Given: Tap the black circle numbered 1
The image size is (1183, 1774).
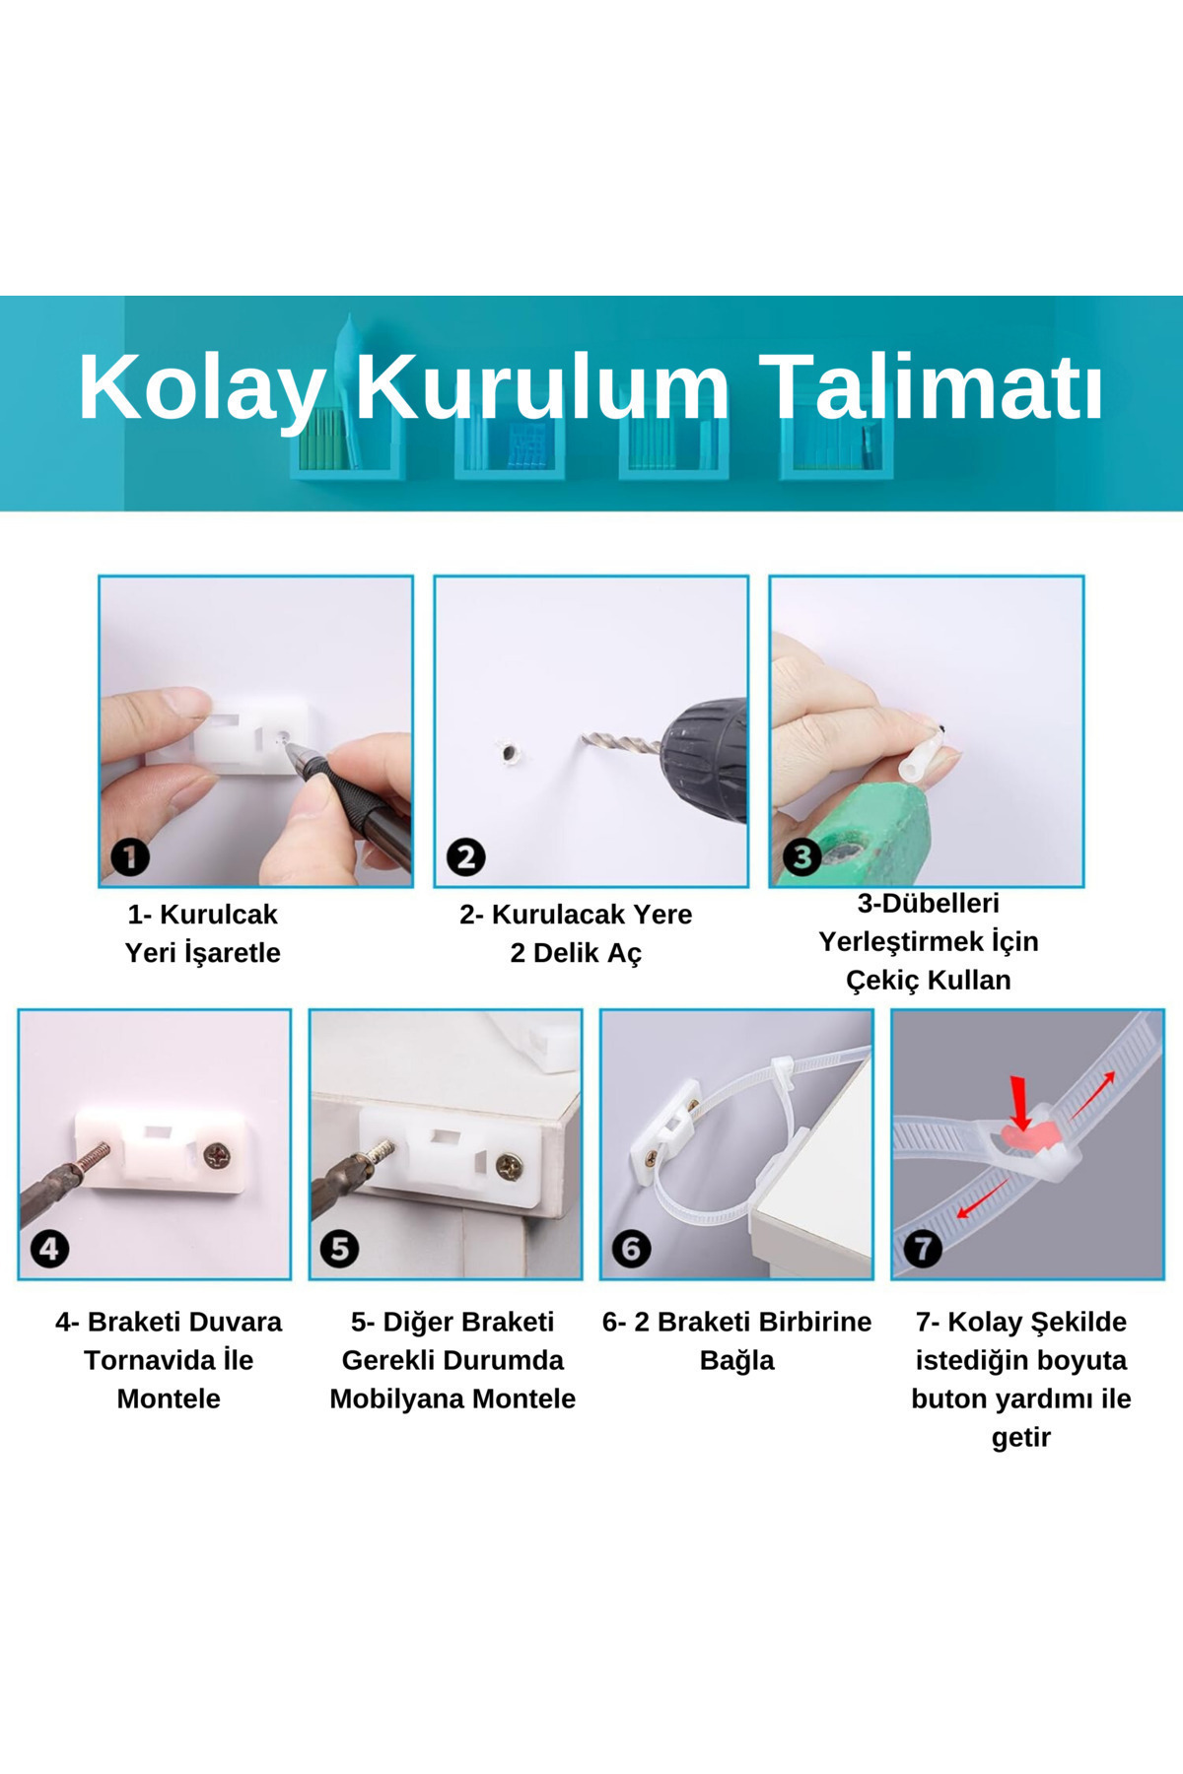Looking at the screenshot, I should coord(130,856).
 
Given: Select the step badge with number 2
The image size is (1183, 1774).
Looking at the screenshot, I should coord(465,856).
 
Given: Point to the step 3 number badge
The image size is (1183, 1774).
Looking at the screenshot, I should coord(801,856).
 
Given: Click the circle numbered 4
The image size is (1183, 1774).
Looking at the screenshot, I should coord(49,1249).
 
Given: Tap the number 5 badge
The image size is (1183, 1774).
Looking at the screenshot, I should coord(339,1249).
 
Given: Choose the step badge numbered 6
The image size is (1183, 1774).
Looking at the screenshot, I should coord(631,1249).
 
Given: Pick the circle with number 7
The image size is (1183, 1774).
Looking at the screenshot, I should coord(923,1249).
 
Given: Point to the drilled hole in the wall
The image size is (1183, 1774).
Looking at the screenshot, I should coord(509,755).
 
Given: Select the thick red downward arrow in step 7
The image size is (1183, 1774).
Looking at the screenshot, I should coord(1021,1103).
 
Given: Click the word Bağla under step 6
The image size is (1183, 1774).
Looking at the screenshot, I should coord(736,1360).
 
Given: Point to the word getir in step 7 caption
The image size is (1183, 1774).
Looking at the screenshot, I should coord(1020,1437).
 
